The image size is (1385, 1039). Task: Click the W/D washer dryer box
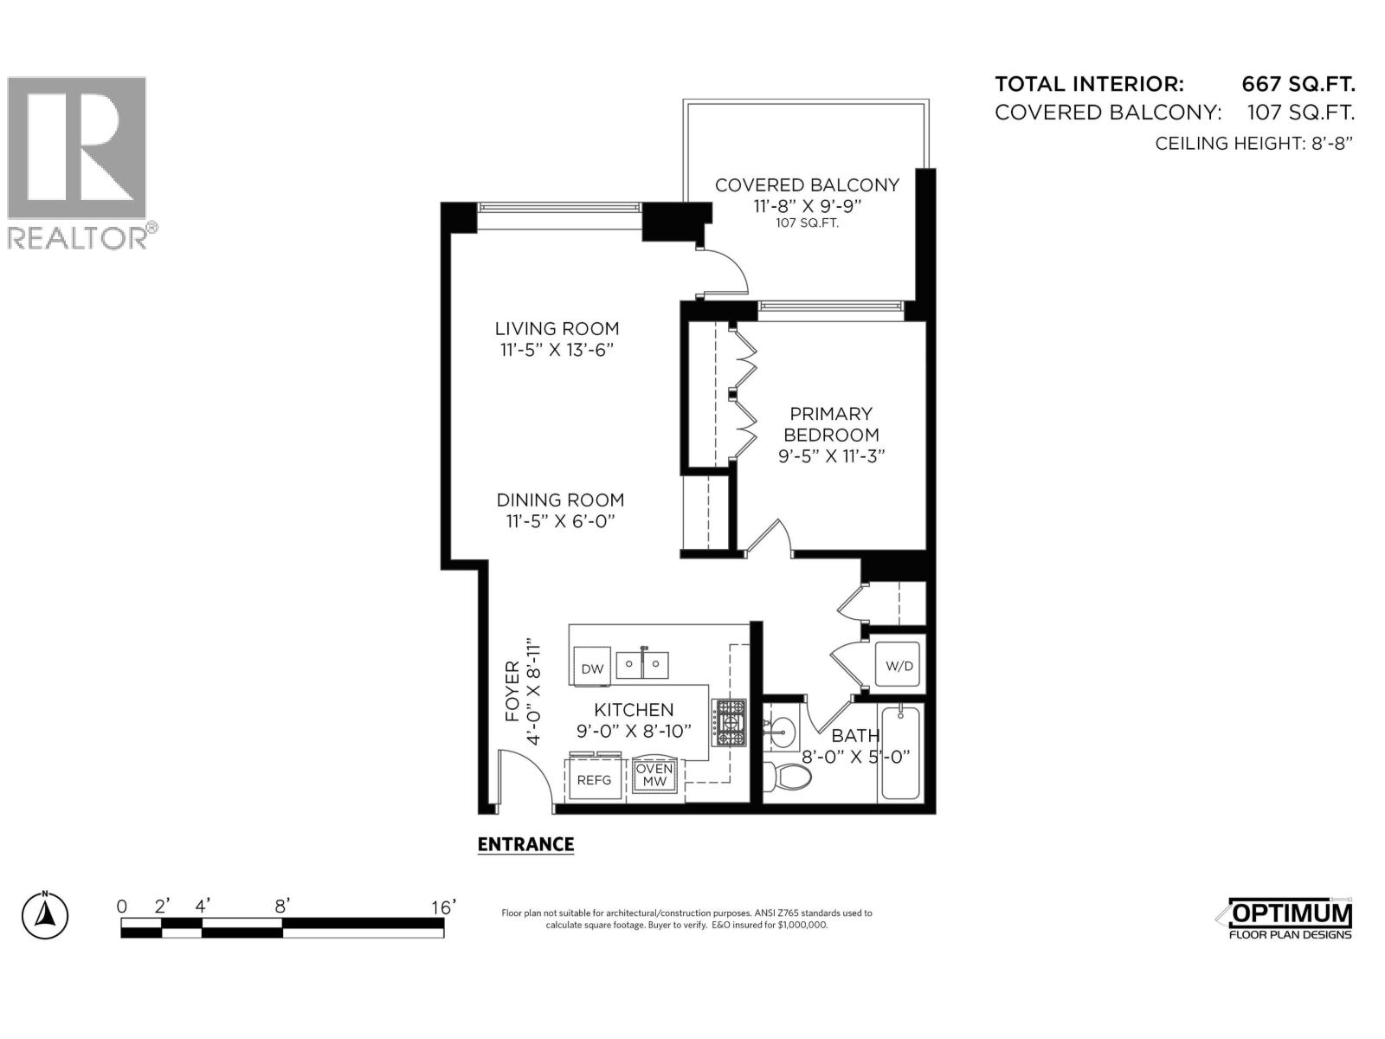(x=899, y=665)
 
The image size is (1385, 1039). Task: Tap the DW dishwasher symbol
(x=592, y=668)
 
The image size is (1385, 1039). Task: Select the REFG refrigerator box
(x=594, y=779)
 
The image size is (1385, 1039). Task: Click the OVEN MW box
(x=654, y=776)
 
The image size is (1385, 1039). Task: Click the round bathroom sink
(x=782, y=733)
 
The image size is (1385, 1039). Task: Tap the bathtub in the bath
(x=901, y=754)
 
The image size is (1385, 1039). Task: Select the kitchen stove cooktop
(x=729, y=722)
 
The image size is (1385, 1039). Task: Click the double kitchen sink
(x=642, y=666)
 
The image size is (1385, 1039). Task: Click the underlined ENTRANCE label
(x=525, y=844)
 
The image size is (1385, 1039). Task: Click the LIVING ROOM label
(x=557, y=328)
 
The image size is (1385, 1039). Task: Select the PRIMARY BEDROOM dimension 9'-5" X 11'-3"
(x=830, y=456)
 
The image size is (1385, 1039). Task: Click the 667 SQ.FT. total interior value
(x=1298, y=84)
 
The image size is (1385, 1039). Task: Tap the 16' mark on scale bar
(x=442, y=907)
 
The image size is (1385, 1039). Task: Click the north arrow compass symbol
(x=45, y=914)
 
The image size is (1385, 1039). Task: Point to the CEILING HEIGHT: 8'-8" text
(x=1253, y=144)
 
